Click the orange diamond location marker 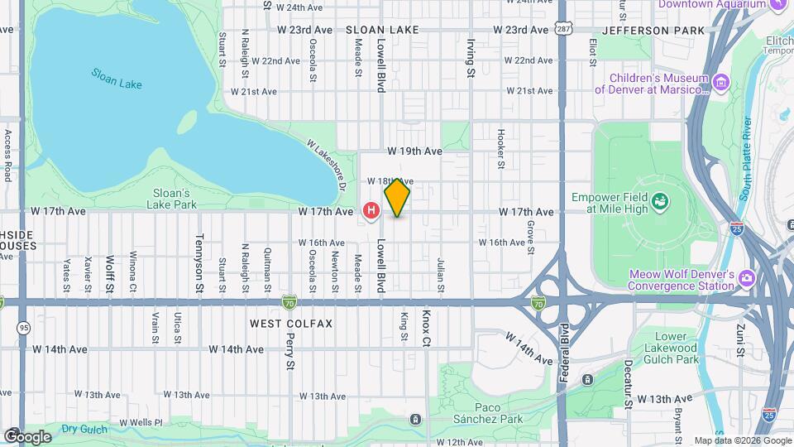397,197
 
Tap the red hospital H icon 371,212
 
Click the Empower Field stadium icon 660,200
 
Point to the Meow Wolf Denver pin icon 747,276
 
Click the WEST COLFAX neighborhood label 291,323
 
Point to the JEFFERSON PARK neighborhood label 653,30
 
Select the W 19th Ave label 414,152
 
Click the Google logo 27,436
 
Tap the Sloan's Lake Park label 174,198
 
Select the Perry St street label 290,352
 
